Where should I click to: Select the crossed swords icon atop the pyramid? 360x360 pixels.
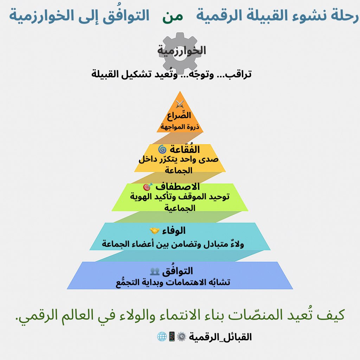coord(180,104)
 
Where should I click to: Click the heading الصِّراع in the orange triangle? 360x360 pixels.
coord(179,115)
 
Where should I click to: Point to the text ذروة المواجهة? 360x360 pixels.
coord(180,127)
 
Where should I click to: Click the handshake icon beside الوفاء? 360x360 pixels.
coord(155,231)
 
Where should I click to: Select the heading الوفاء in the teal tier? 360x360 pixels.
coord(174,231)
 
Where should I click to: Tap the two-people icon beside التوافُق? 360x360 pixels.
coord(155,271)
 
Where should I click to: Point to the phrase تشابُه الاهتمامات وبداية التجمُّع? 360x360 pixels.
coord(173,282)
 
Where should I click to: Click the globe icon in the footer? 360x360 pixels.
coord(161,337)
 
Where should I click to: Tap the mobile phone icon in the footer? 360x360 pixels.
coord(172,337)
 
